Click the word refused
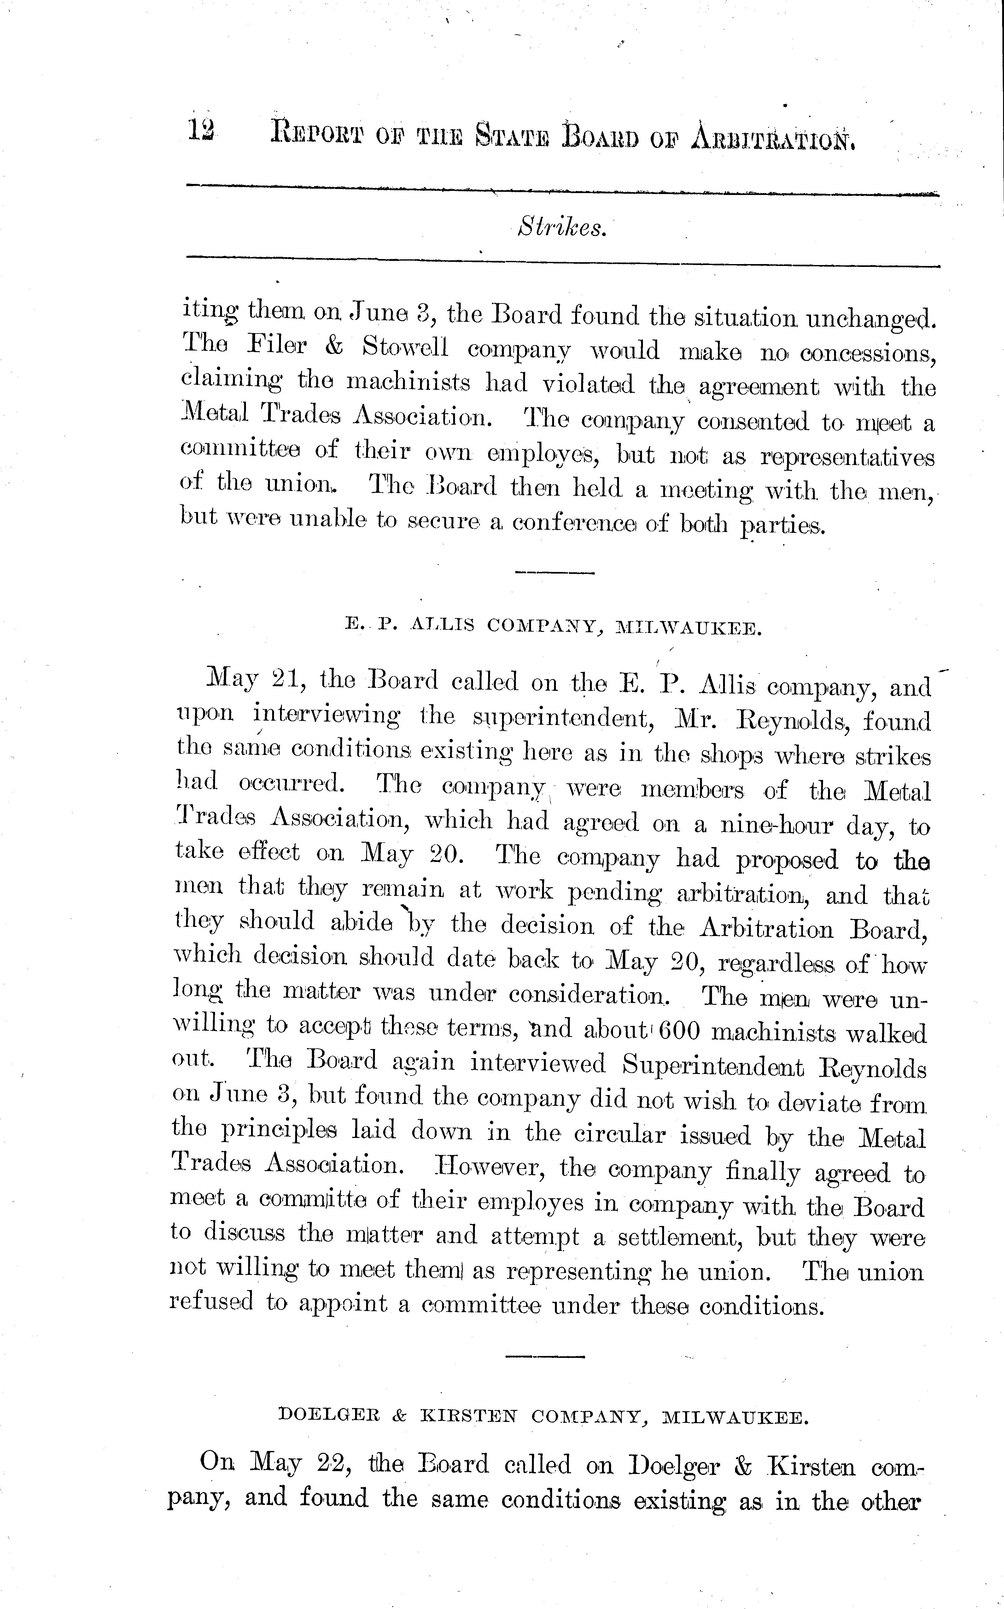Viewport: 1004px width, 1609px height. coord(211,1305)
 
